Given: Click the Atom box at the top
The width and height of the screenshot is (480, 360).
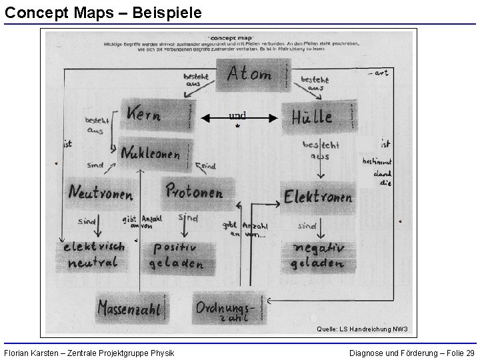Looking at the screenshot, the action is click(x=251, y=75).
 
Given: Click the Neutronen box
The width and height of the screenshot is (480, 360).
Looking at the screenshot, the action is click(x=101, y=193).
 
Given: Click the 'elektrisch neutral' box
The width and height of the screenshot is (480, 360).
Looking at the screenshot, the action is click(x=93, y=255).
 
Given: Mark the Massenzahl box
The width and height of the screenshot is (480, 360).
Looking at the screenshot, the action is click(x=131, y=307).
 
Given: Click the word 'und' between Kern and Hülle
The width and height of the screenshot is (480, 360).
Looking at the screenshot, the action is click(x=237, y=116).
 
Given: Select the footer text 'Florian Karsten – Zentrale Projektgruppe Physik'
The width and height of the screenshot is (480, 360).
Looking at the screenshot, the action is click(x=89, y=352).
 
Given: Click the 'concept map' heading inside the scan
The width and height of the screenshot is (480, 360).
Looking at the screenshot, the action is click(x=229, y=38).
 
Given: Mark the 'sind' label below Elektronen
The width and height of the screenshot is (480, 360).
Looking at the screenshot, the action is click(x=307, y=226).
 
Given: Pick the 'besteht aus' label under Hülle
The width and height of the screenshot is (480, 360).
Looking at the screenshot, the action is click(x=321, y=150).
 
